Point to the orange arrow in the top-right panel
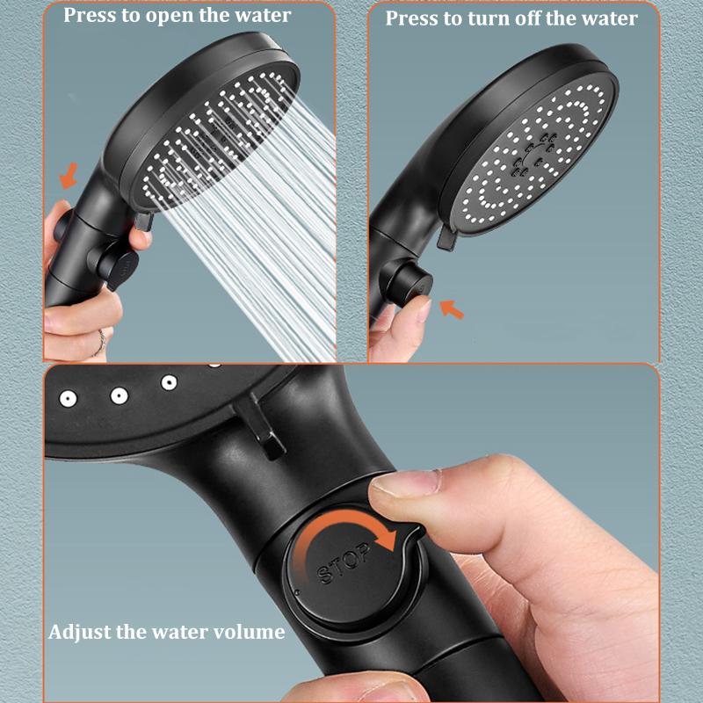452,308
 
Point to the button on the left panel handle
119,261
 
